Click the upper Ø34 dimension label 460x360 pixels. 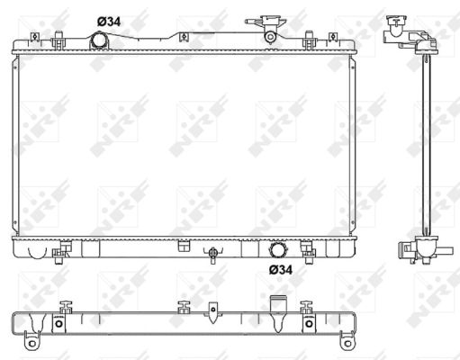(x=109, y=22)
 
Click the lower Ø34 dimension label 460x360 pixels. (x=281, y=270)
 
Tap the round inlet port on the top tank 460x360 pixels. (x=98, y=40)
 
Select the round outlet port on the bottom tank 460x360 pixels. (x=277, y=249)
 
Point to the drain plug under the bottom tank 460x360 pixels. (x=212, y=255)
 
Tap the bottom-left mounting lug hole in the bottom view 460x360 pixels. (x=32, y=343)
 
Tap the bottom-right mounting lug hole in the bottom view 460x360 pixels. (x=347, y=344)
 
